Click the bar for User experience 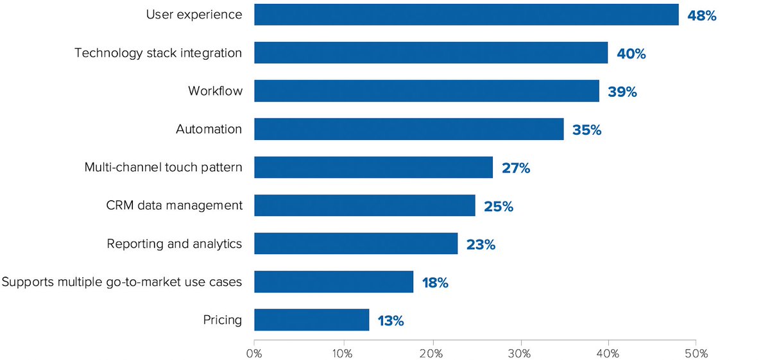click(x=466, y=15)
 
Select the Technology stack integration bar click(x=431, y=53)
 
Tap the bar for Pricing click(x=312, y=320)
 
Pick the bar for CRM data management click(x=364, y=206)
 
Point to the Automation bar click(x=409, y=129)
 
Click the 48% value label click(x=701, y=15)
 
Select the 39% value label click(x=622, y=92)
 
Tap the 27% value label click(x=516, y=168)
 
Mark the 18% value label click(x=434, y=282)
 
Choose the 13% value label click(x=390, y=321)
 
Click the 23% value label click(x=481, y=244)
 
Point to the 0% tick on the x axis click(x=254, y=352)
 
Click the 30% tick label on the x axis click(x=520, y=352)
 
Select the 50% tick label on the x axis click(x=696, y=352)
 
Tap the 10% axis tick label click(x=343, y=352)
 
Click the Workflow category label click(x=215, y=91)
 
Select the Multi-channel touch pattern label click(x=163, y=167)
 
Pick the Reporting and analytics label click(x=174, y=244)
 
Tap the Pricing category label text click(x=222, y=320)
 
